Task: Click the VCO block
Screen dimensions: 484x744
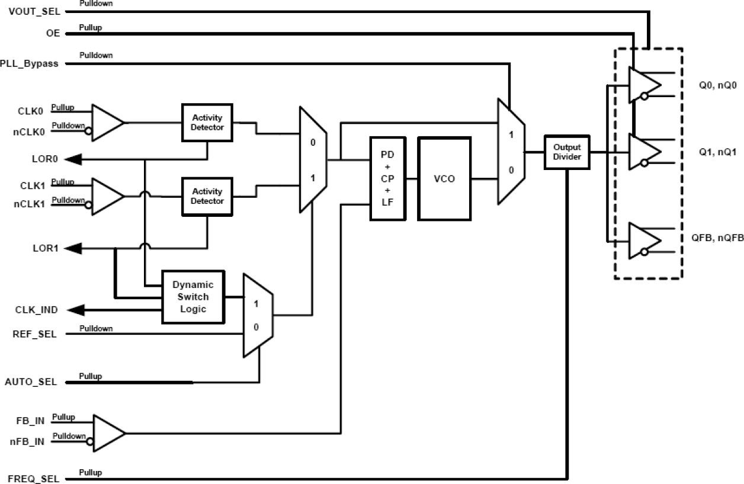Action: [x=444, y=179]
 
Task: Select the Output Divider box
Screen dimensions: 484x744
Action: [x=567, y=152]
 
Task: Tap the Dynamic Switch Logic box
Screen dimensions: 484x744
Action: [x=194, y=296]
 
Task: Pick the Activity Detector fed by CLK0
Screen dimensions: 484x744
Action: [x=207, y=123]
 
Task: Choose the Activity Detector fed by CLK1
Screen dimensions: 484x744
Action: [x=207, y=196]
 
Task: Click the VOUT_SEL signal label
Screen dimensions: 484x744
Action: [x=34, y=11]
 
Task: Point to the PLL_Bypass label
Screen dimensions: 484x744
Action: [x=30, y=64]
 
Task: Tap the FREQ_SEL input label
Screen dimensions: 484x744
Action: [x=33, y=478]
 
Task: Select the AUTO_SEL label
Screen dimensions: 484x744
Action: [x=31, y=382]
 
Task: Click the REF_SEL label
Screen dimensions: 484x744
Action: [x=35, y=334]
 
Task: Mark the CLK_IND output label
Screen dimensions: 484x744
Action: [x=36, y=310]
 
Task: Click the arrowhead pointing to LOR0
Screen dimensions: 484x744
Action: [x=72, y=159]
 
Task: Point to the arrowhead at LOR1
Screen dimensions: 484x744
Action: [x=72, y=248]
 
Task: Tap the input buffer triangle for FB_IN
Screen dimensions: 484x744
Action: [x=107, y=433]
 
